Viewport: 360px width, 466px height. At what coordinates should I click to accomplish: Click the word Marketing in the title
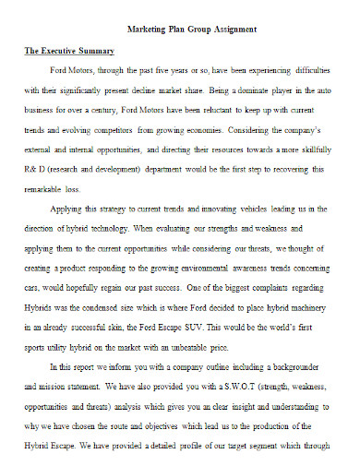[143, 30]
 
